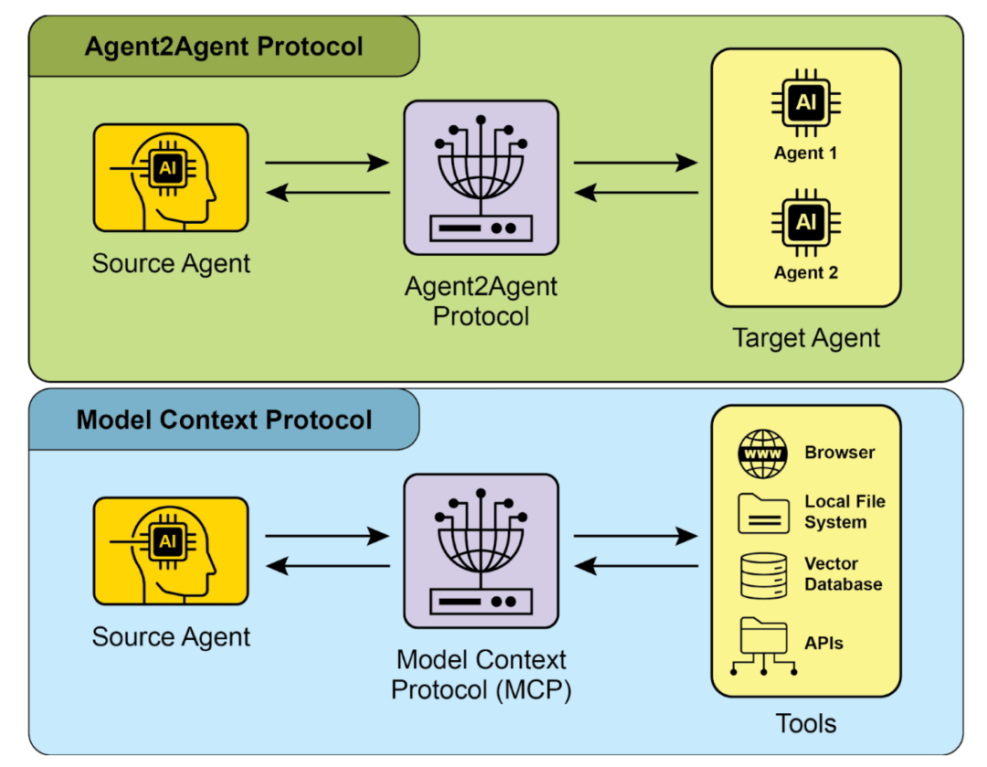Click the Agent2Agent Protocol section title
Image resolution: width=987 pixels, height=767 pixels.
coord(224,47)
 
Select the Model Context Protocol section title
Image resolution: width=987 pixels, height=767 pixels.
coord(224,420)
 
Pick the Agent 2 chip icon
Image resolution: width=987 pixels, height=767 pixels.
coord(805,222)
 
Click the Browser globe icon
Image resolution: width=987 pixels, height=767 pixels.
coord(762,453)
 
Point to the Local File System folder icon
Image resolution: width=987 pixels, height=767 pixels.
coord(762,513)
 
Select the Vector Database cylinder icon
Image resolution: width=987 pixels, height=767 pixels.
coord(762,575)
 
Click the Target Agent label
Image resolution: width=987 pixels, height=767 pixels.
coord(806,338)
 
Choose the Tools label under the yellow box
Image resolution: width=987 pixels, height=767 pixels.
coord(806,724)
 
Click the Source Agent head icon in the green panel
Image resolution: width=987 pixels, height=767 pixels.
coord(171,177)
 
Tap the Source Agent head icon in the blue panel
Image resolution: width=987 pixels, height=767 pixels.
coord(171,550)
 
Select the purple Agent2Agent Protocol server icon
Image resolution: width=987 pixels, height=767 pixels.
coord(481,177)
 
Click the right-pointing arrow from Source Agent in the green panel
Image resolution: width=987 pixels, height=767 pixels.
coord(327,164)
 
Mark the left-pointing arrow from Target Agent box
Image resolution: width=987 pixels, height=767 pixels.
coord(636,193)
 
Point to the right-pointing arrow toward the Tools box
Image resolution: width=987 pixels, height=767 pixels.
coord(636,537)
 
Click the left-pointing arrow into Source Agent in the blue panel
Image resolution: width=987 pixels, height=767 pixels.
coord(327,567)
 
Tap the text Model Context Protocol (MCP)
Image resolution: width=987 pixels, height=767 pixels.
coord(481,674)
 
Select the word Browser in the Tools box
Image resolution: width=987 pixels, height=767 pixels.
coord(840,453)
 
